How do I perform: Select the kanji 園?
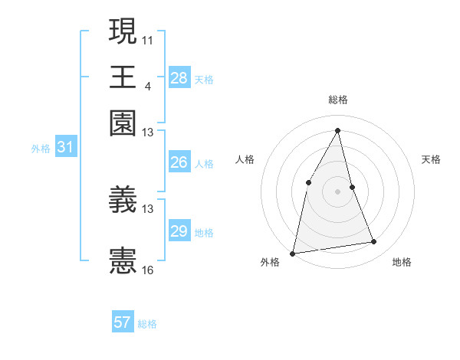pyautogui.click(x=123, y=123)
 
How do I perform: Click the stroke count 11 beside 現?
pyautogui.click(x=148, y=38)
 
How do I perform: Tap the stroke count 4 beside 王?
pyautogui.click(x=148, y=85)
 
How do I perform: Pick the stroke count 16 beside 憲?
pyautogui.click(x=148, y=270)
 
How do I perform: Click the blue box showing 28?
pyautogui.click(x=179, y=77)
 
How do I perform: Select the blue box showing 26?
pyautogui.click(x=179, y=162)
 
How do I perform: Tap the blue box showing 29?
pyautogui.click(x=179, y=231)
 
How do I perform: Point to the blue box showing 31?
pyautogui.click(x=65, y=147)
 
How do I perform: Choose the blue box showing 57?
pyautogui.click(x=123, y=322)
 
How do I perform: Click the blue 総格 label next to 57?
pyautogui.click(x=147, y=324)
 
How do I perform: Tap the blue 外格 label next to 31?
pyautogui.click(x=41, y=149)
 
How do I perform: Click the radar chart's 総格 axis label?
pyautogui.click(x=338, y=100)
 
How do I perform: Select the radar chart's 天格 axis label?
pyautogui.click(x=431, y=159)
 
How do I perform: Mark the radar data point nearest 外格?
pyautogui.click(x=293, y=253)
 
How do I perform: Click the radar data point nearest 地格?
pyautogui.click(x=374, y=242)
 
